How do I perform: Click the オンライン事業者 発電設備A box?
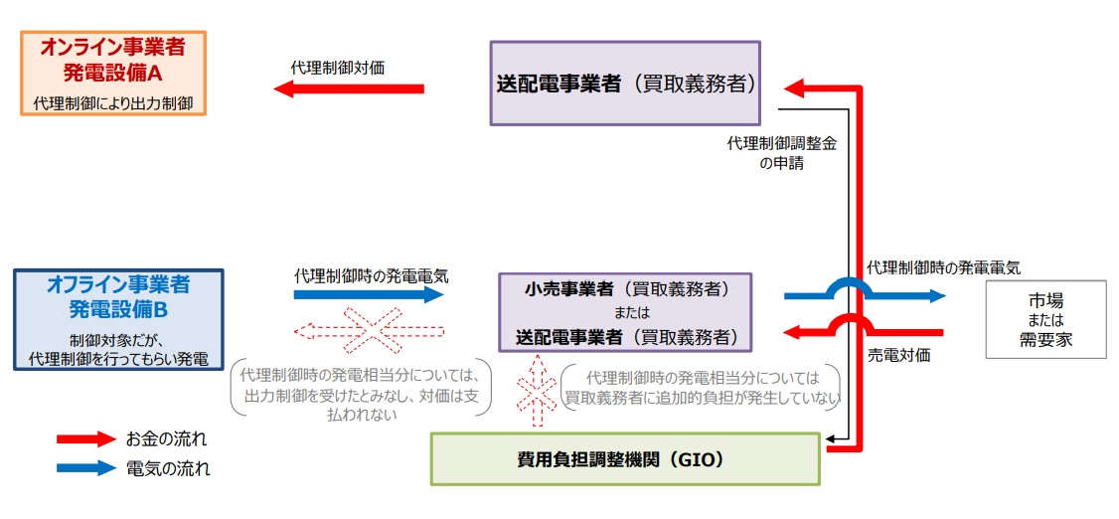click(113, 73)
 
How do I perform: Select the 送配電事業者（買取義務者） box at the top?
click(625, 83)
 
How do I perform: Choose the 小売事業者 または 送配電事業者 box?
click(625, 312)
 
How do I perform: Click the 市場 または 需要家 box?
click(1044, 319)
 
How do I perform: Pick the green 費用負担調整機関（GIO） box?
click(625, 459)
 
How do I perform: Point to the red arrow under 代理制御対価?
click(349, 89)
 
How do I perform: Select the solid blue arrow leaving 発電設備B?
click(369, 294)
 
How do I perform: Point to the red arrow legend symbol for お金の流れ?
click(86, 438)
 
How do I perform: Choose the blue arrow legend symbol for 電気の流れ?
click(86, 467)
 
